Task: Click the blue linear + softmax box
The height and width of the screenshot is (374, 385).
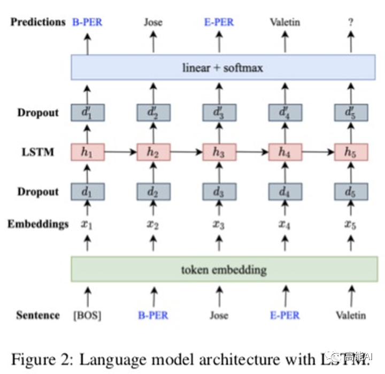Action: coord(222,68)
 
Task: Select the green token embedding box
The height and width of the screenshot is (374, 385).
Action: coord(222,269)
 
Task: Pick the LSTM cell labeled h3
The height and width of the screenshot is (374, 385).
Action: coord(219,152)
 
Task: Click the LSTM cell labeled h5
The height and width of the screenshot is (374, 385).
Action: coord(351,152)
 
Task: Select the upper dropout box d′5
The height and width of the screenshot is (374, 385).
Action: coord(351,113)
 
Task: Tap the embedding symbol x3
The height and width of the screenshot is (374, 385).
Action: coord(219,224)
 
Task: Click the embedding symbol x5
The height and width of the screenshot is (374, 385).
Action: coord(351,224)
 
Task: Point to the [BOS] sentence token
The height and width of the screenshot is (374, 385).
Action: coord(87,315)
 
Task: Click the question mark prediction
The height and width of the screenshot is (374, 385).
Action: coord(351,22)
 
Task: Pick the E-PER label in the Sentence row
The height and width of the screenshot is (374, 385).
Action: coord(284,315)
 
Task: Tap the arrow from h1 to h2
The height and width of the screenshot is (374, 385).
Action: coord(121,152)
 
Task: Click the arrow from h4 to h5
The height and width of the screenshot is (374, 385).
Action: coord(318,152)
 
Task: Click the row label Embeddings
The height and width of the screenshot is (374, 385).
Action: coord(38,224)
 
